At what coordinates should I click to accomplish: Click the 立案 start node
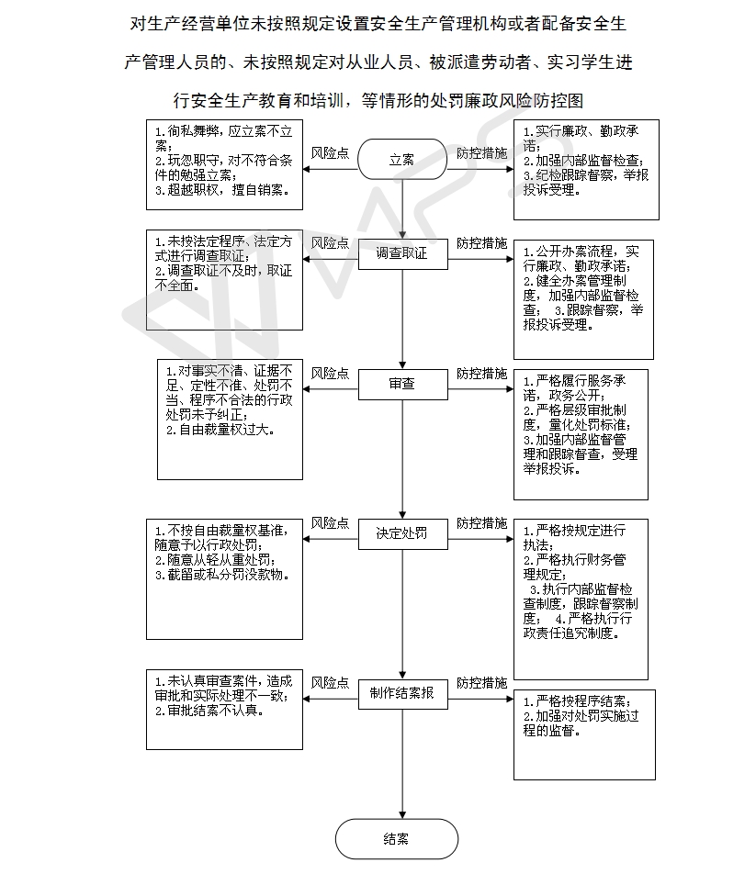[x=402, y=160]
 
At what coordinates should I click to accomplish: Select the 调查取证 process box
[x=402, y=253]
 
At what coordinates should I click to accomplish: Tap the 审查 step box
[x=402, y=384]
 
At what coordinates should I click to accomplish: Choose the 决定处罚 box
[x=402, y=534]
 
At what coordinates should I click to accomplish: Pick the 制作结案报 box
[x=402, y=694]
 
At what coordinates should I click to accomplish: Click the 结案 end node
[x=397, y=839]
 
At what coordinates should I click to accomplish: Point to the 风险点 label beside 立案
[x=330, y=153]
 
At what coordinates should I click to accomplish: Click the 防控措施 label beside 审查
[x=481, y=374]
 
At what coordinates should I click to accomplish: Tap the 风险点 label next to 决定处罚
[x=330, y=523]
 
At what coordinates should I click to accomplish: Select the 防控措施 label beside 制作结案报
[x=481, y=683]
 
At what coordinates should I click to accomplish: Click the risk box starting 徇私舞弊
[x=224, y=165]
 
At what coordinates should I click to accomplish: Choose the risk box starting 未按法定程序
[x=224, y=280]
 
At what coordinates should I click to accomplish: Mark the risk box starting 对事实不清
[x=230, y=420]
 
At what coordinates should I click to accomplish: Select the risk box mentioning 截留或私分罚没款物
[x=224, y=579]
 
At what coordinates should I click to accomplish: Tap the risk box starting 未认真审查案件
[x=224, y=710]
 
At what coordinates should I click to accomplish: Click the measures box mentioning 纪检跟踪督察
[x=586, y=170]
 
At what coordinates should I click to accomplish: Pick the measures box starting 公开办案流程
[x=583, y=300]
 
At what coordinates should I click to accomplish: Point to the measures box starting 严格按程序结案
[x=584, y=734]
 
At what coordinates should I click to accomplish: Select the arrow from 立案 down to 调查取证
[x=402, y=209]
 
